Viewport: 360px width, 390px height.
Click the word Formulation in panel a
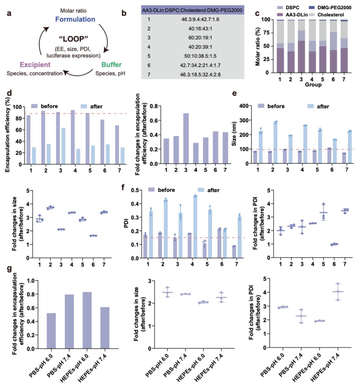(x=75, y=19)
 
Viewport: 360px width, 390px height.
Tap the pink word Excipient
(x=35, y=65)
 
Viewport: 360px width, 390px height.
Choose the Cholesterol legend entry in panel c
(x=330, y=15)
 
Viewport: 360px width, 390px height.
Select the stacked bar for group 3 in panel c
(x=301, y=46)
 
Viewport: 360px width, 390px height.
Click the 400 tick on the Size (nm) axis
(x=249, y=106)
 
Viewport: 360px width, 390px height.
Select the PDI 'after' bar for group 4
(x=195, y=227)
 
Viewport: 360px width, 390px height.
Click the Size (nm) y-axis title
(x=235, y=134)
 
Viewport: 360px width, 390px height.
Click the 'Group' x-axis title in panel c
(x=313, y=85)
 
